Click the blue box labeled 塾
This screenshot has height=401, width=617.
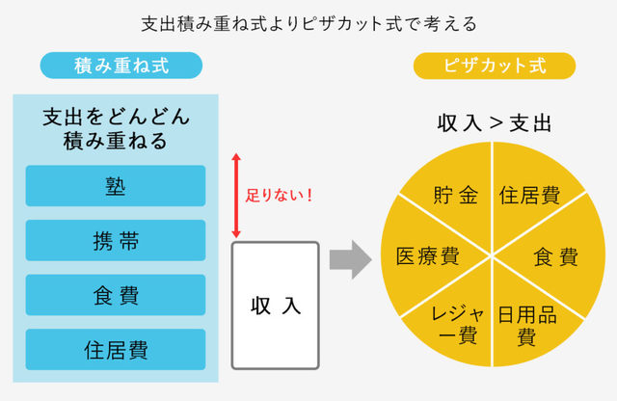[x=116, y=185]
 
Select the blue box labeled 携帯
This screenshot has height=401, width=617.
[x=116, y=240]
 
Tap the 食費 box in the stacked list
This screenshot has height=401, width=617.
[x=116, y=295]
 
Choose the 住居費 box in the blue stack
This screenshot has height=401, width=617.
[x=116, y=349]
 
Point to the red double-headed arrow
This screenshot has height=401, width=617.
[x=234, y=196]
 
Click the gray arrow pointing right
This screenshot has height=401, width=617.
[x=350, y=258]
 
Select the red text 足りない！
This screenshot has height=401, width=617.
[x=280, y=195]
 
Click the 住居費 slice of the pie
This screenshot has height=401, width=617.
[x=530, y=197]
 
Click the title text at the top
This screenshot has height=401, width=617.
[x=308, y=21]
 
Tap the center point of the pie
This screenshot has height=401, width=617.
[x=494, y=258]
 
